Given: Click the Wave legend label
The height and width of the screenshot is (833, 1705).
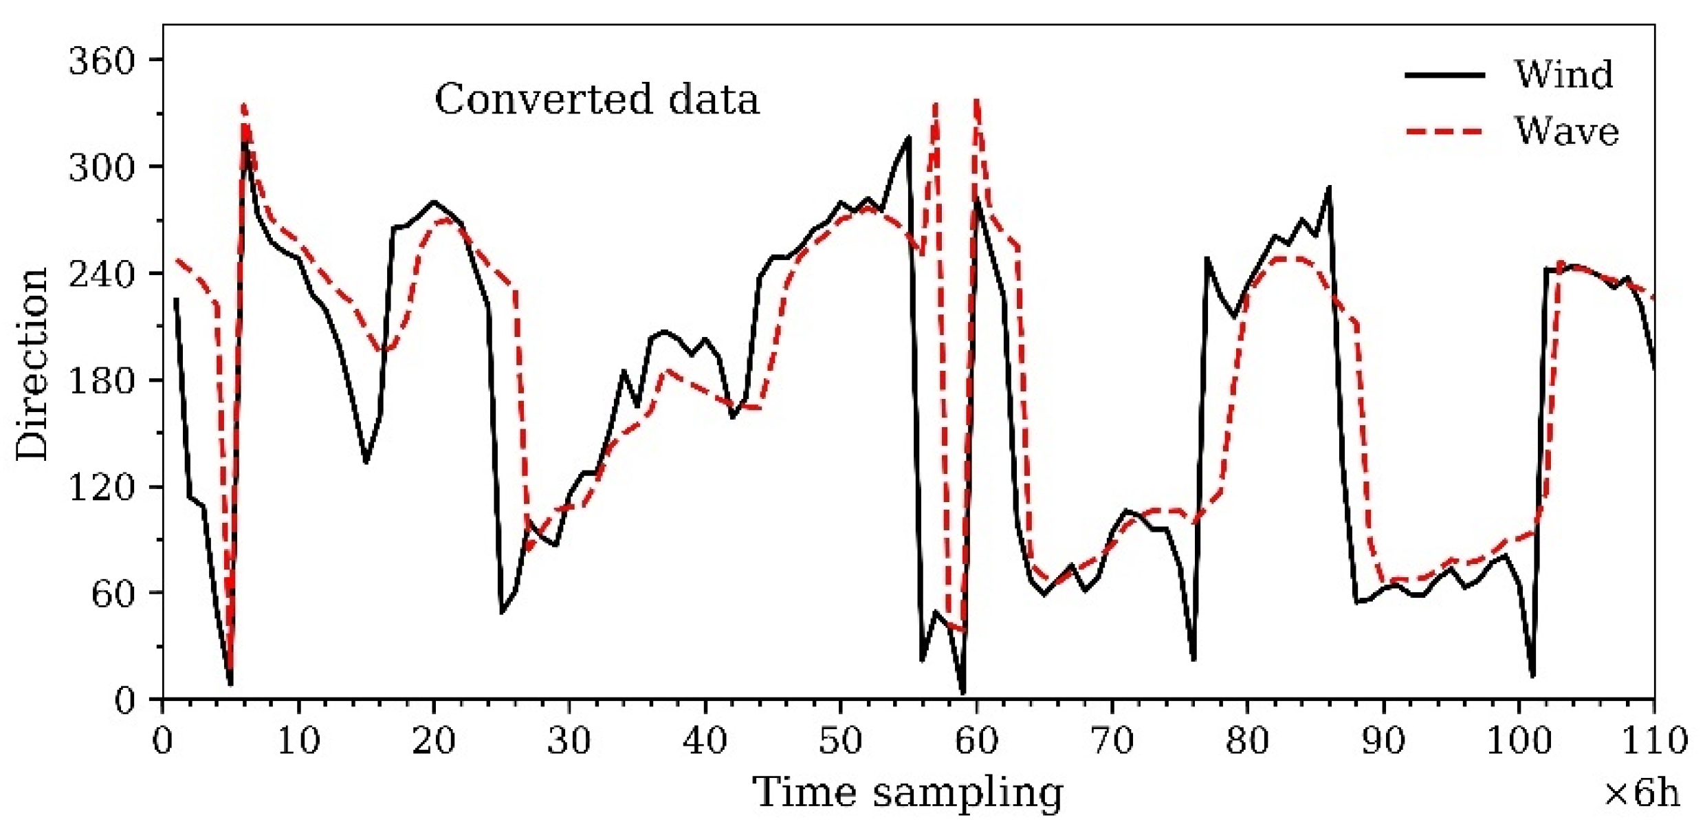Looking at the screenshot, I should (1565, 131).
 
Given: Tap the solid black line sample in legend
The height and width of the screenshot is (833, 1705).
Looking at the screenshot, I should (1444, 74).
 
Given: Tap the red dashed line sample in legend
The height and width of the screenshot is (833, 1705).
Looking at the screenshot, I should (1444, 131).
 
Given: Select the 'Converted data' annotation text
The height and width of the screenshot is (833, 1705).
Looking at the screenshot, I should (597, 99).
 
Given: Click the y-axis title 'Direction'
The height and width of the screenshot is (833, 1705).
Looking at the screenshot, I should (33, 365).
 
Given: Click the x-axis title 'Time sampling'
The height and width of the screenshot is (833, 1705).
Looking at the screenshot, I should (907, 793).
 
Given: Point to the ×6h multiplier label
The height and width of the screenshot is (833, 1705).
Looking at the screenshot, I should (1642, 794).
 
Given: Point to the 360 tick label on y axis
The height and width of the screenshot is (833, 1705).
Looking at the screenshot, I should (101, 61).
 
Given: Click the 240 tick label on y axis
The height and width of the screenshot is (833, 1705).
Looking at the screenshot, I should (101, 274).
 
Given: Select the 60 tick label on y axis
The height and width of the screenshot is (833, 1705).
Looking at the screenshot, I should (113, 593).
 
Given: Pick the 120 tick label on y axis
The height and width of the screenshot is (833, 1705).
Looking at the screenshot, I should (101, 487).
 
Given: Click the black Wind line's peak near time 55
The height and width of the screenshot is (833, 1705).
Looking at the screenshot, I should (909, 138).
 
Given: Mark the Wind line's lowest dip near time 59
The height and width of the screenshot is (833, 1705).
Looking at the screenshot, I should (962, 693).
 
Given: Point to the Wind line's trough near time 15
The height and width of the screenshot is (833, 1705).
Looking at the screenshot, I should (366, 462).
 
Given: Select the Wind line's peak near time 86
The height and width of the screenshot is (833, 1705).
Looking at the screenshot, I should (1330, 187).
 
